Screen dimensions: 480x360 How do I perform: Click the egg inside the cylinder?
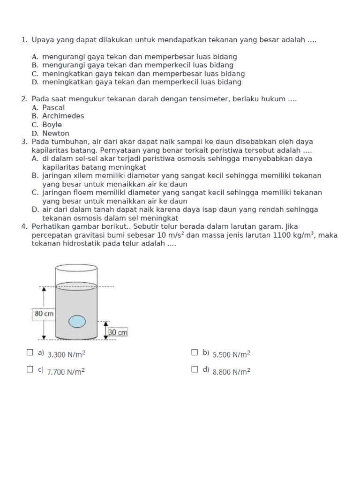tap(77, 322)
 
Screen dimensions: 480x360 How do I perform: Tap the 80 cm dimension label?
tap(44, 313)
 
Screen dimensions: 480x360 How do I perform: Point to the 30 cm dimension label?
tap(118, 332)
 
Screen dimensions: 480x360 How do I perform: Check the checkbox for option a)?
tap(30, 352)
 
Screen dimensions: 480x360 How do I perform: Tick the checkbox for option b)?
tap(195, 352)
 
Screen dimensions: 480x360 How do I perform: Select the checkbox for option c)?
tap(30, 369)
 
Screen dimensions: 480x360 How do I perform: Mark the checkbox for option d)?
tap(195, 369)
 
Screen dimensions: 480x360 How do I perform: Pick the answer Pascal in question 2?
tap(53, 107)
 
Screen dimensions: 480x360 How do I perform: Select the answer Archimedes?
tap(63, 116)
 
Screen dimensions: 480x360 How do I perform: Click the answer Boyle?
tap(52, 125)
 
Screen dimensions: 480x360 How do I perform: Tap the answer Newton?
tap(56, 133)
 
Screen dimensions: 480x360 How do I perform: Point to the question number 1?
tap(24, 40)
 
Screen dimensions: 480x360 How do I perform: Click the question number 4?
tap(24, 226)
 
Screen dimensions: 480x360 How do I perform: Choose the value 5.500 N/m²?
tap(232, 355)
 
